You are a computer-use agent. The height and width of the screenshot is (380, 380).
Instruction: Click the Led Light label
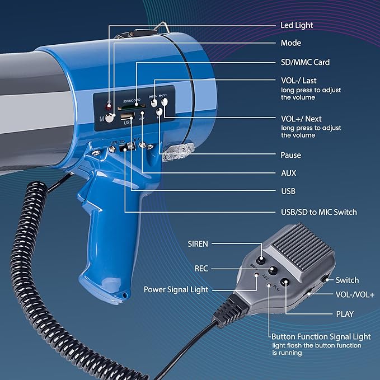pos(297,25)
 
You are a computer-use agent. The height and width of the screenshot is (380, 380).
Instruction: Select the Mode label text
pos(291,43)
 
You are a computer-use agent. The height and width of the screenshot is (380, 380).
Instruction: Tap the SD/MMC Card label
pos(305,62)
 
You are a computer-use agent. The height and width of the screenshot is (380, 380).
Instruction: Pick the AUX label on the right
pos(289,173)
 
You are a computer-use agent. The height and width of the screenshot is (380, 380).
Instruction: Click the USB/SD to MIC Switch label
pos(318,212)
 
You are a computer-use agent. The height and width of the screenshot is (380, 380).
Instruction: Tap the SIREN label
pos(198,244)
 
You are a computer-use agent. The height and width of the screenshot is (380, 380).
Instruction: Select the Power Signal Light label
pos(176,289)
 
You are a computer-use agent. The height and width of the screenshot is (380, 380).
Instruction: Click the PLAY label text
pos(345,314)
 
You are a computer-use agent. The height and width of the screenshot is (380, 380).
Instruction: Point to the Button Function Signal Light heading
pos(321,336)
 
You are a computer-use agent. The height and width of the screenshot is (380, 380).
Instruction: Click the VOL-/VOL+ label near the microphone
pos(354,294)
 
